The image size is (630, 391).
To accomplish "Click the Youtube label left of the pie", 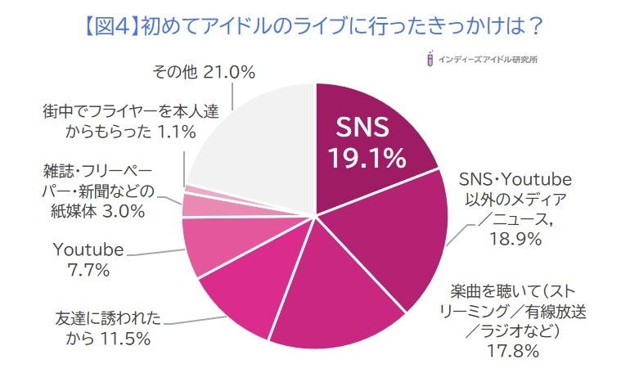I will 88,249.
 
